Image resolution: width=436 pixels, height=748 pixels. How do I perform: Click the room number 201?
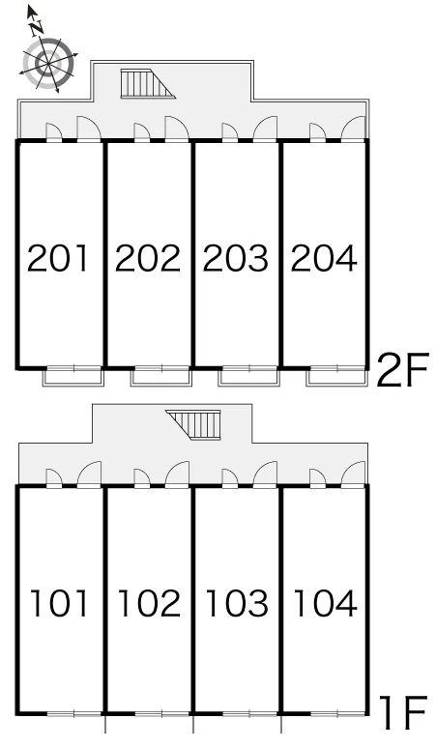58,258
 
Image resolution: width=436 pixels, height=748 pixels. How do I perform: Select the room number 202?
148,258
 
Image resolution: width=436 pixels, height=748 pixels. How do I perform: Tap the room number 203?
236,258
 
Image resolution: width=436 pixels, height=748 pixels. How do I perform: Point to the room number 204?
324,258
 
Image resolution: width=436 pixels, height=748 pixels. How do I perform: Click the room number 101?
59,603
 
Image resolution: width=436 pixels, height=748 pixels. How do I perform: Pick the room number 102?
149,603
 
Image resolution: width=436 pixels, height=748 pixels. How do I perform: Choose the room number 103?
237,603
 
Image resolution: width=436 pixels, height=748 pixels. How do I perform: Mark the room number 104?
326,603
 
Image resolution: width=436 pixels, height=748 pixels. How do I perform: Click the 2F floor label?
403,370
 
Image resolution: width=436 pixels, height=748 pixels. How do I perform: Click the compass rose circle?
49,64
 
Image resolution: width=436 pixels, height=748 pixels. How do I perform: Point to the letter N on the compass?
37,29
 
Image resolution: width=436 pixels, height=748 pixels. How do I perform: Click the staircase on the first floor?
193,424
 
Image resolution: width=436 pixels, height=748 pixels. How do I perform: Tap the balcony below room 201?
73,377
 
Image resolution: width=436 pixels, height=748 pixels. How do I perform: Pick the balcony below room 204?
336,377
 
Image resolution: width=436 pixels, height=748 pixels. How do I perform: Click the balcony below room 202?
161,377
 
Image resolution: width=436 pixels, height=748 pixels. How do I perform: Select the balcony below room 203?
248,377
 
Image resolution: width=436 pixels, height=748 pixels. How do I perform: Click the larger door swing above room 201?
89,129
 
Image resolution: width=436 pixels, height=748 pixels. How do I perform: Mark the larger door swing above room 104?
354,475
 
